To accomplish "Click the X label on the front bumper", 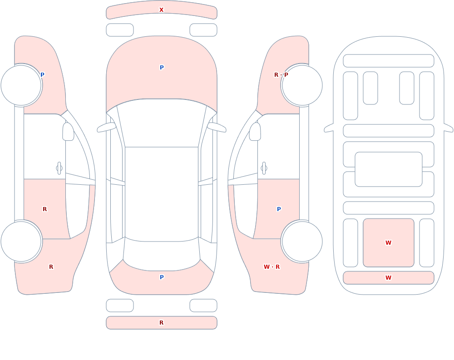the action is coord(161,10).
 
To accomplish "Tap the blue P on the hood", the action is coord(162,68).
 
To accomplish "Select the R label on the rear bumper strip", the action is coord(161,323).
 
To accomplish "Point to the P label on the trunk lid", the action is coord(162,277).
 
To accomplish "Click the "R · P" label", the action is coord(281,75).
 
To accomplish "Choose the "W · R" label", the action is coord(271,267).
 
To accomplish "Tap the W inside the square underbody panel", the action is coord(388,243).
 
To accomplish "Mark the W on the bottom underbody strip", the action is coord(388,278).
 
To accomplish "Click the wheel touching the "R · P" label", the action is coord(302,85).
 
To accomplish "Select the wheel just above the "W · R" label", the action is coord(302,241).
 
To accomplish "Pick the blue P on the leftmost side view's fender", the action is coord(42,75).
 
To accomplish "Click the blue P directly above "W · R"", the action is coord(279,209).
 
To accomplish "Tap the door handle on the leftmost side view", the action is coord(59,168).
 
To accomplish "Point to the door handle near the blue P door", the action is coord(264,168).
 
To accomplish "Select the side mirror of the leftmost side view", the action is coord(68,132).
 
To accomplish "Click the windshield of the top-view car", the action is coord(162,123).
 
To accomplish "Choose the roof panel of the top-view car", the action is coord(162,194).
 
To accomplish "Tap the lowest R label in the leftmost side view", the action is coord(51,267).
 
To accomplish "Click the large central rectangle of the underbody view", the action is coord(389,169).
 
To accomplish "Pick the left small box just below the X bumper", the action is coord(120,30).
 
